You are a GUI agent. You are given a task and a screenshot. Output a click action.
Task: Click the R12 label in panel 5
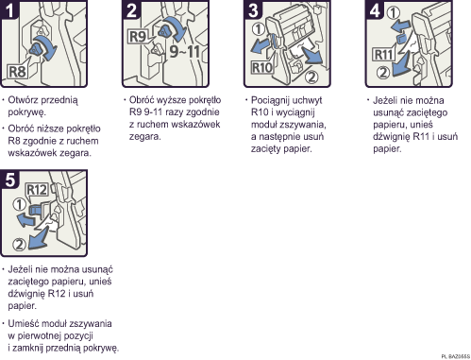coord(37,190)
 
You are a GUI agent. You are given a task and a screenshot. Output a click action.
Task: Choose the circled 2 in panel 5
coord(19,246)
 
